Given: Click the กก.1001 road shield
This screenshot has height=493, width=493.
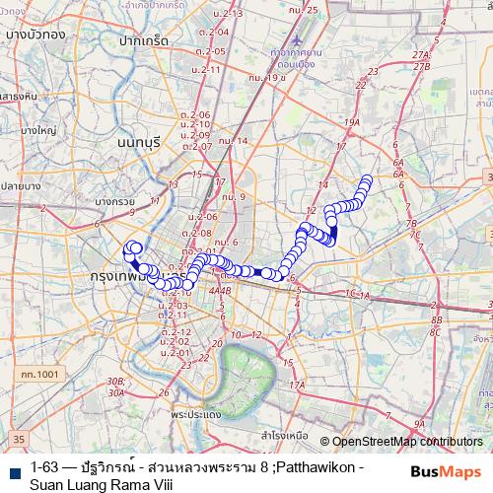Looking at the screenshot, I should (39, 376).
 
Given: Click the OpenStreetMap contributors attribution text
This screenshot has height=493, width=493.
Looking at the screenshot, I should (405, 442).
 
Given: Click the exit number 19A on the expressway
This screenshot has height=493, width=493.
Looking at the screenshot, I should (350, 122).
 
